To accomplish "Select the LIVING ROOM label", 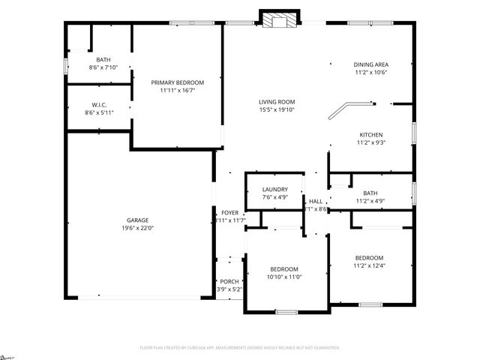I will coord(277,102).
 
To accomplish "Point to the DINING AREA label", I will coord(371,64).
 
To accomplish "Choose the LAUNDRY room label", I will coord(275,190).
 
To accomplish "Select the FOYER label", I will coord(229,212).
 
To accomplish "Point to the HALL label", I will coord(316,201).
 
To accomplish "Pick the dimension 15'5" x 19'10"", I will coord(277,110).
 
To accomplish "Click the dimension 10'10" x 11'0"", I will coord(284,277).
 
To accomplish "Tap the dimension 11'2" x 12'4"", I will coord(369,265).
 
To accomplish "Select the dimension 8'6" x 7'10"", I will coord(103,68).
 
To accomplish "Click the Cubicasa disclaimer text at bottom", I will coord(240,348).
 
